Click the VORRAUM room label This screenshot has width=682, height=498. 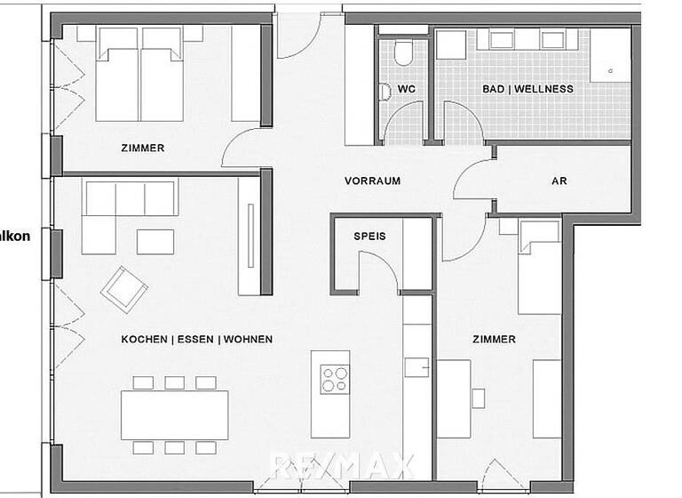click(x=372, y=181)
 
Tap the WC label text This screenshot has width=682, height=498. click(x=406, y=89)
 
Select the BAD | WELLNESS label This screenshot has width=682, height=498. click(x=527, y=89)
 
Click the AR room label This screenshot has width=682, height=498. click(x=559, y=181)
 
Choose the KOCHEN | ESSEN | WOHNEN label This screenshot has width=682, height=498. click(x=197, y=339)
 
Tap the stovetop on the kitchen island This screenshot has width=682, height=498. click(x=335, y=380)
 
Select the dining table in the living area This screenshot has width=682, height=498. click(x=175, y=415)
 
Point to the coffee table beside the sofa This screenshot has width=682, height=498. click(x=155, y=241)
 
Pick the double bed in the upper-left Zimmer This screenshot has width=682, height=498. click(x=139, y=73)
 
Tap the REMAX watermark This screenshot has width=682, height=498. click(x=342, y=465)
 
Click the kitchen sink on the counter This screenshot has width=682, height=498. click(x=416, y=366)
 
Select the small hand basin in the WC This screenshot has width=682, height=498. click(x=384, y=91)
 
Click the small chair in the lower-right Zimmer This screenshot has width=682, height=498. click(x=479, y=398)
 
